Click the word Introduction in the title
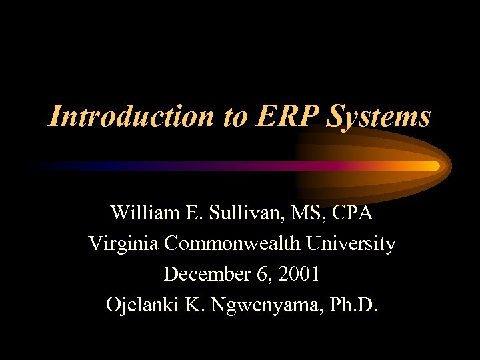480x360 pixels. pyautogui.click(x=126, y=117)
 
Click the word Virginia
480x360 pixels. pyautogui.click(x=124, y=245)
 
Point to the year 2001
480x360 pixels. pyautogui.click(x=300, y=274)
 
